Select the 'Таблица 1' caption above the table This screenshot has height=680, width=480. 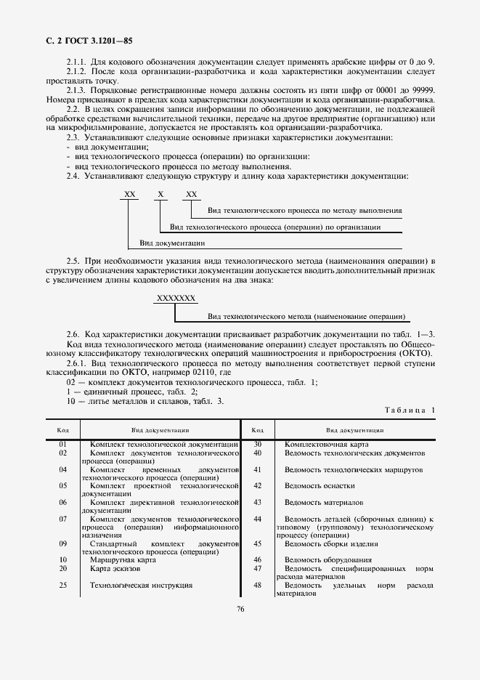(410, 410)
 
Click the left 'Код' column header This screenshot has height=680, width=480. (63, 430)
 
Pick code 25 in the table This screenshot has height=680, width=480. (63, 585)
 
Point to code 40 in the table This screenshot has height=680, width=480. (257, 453)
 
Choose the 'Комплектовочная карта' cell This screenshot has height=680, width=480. (326, 444)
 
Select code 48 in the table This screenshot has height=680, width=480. (257, 585)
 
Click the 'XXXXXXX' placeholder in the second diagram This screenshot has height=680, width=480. (176, 299)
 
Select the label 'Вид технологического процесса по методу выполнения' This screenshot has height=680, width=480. (304, 211)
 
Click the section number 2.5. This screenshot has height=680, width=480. (73, 259)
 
